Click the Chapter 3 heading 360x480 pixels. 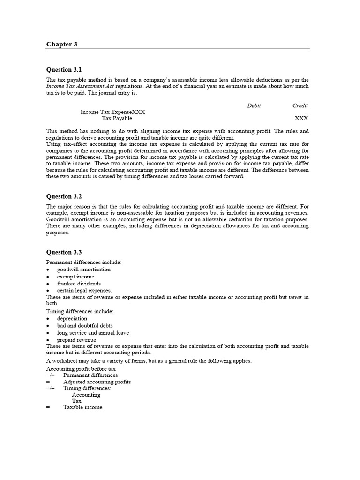click(x=61, y=44)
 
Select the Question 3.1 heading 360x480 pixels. click(x=64, y=69)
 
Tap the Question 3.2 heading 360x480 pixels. click(x=64, y=196)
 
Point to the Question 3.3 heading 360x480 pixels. click(x=64, y=252)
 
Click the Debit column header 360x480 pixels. click(x=254, y=105)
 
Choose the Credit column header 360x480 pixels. click(x=300, y=105)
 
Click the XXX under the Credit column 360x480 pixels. click(x=301, y=119)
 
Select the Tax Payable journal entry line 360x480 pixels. click(x=117, y=119)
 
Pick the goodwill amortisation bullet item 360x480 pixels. click(x=84, y=270)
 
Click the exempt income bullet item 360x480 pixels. click(x=75, y=277)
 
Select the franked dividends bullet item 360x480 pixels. click(x=79, y=284)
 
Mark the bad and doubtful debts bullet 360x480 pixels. click(x=84, y=325)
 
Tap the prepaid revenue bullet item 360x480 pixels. click(x=77, y=339)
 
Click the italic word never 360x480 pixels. click(x=295, y=297)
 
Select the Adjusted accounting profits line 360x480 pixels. click(x=97, y=382)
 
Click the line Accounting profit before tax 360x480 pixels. click(x=81, y=368)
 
